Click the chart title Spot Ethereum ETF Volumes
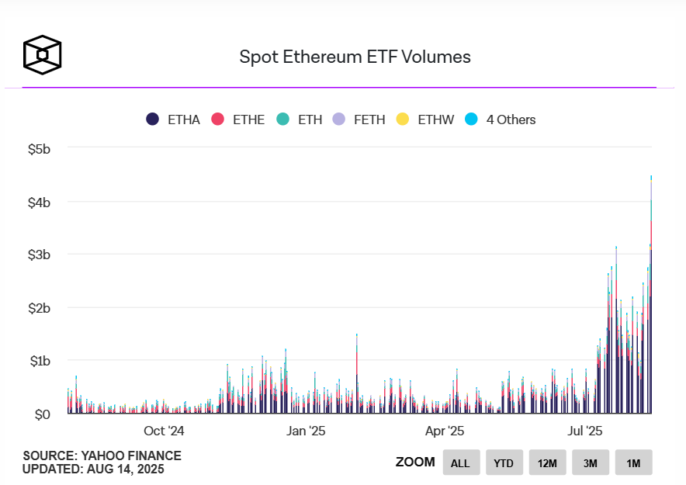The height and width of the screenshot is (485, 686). pos(355,57)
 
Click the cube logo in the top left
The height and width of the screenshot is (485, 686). pos(42,55)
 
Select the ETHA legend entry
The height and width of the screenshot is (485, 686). pos(173,120)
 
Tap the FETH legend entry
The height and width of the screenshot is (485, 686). pos(359,120)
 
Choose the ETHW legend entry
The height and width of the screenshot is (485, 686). pos(424,120)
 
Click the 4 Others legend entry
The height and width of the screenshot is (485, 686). pos(501,120)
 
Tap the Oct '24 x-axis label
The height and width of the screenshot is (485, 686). pos(165,431)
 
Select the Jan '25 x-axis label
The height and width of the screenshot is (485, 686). pos(307,431)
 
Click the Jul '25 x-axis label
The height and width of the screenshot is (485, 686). pos(583,431)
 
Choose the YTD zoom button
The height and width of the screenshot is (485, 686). pos(504,463)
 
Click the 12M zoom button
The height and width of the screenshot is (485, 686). pos(547,463)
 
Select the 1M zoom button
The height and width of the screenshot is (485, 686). pos(633,463)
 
